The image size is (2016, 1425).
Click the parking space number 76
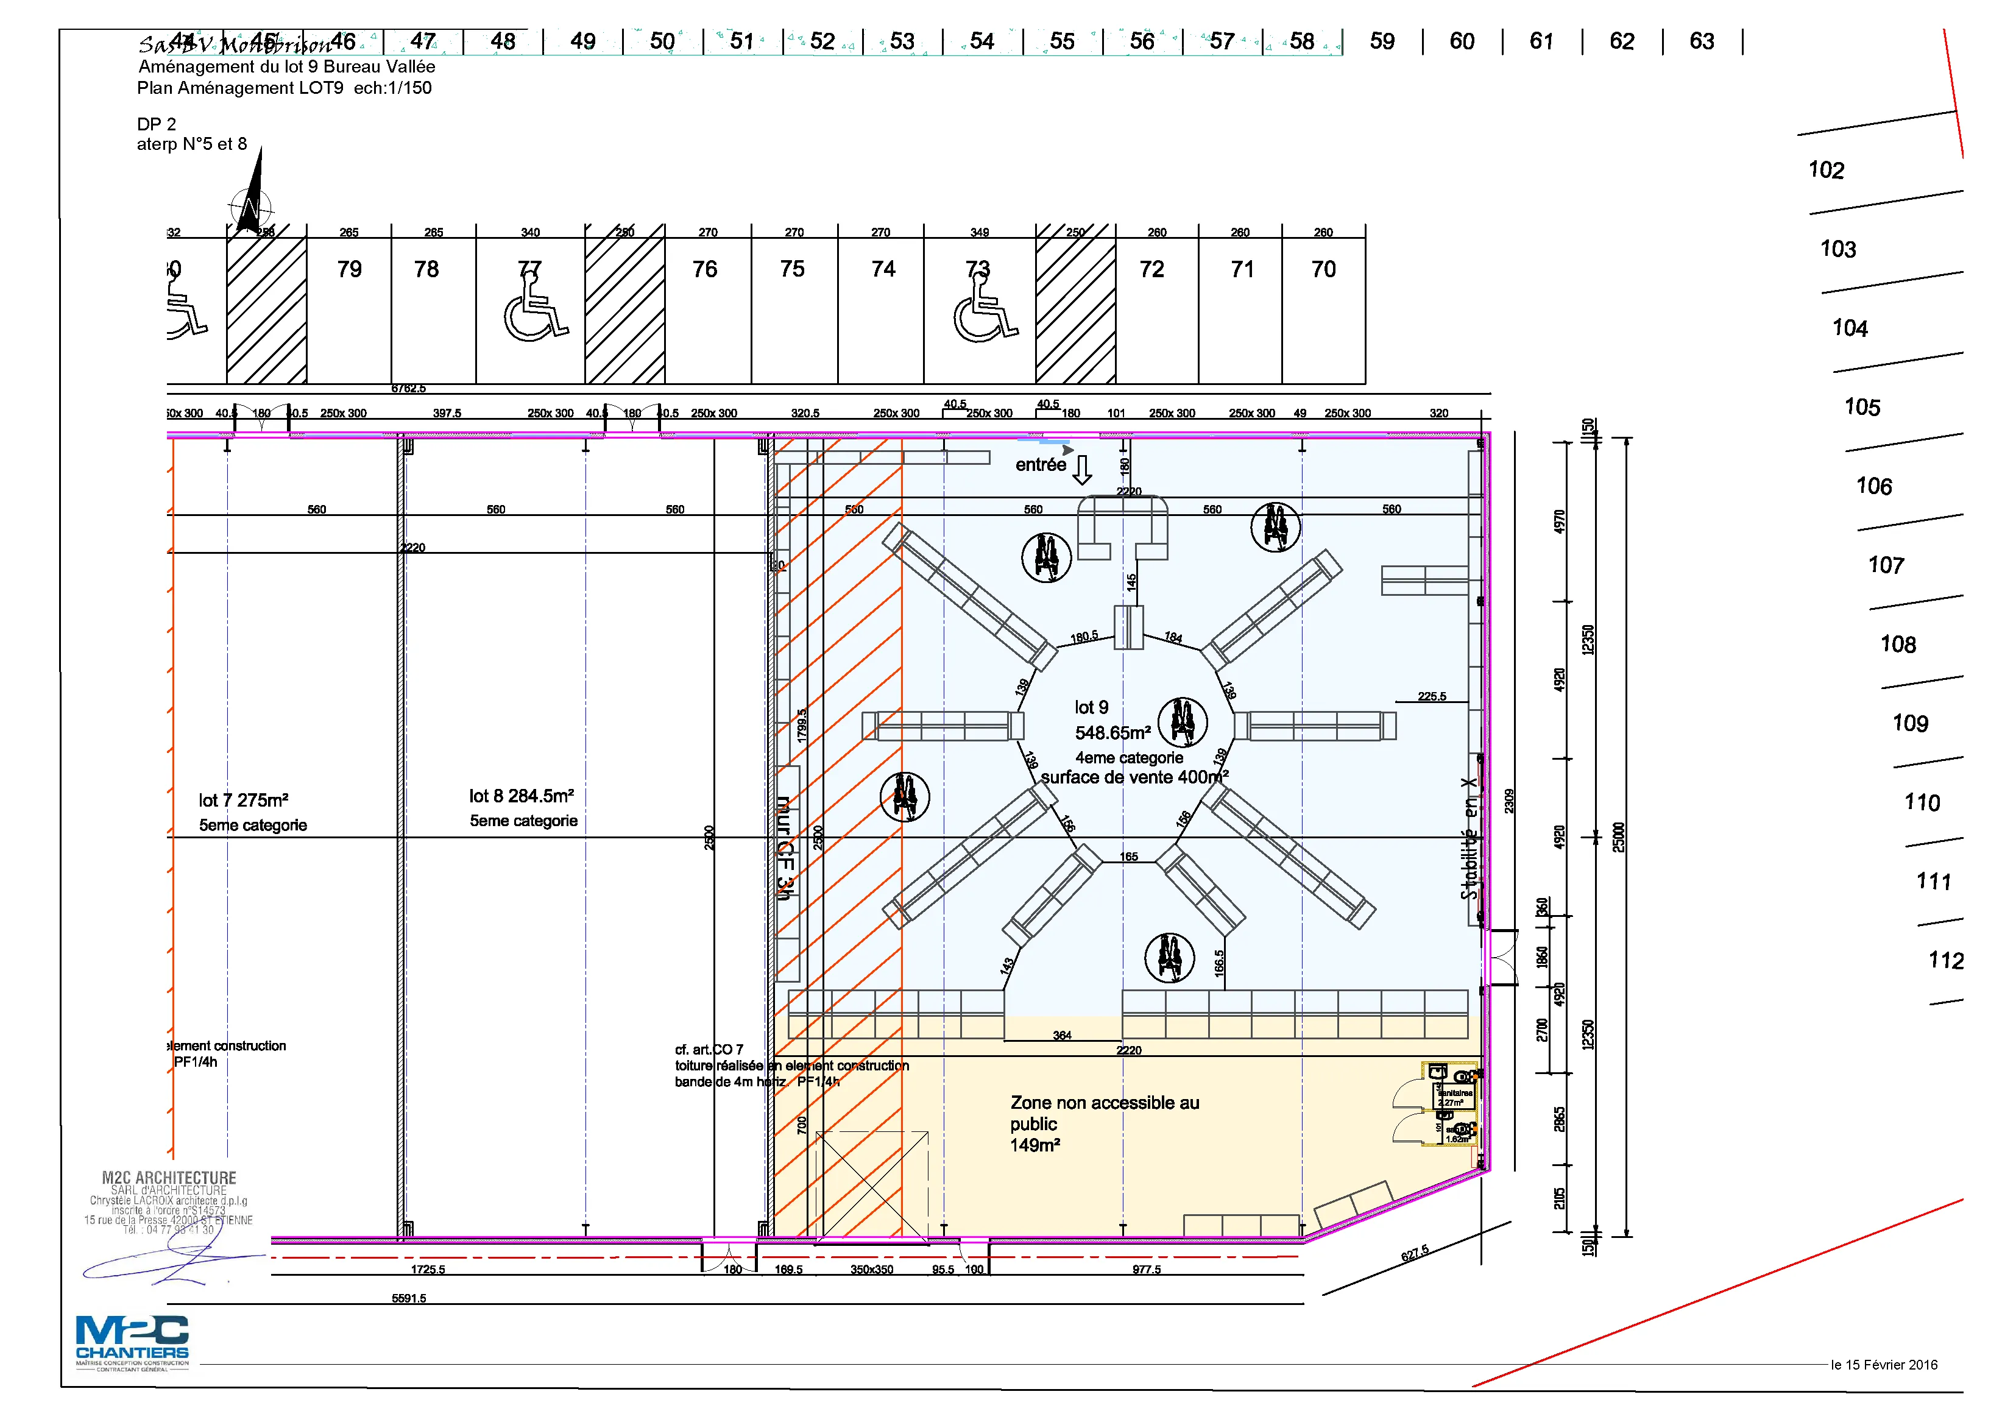tap(704, 269)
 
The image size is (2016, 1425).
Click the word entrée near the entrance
tap(1041, 465)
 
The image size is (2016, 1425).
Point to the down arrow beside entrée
tap(1083, 470)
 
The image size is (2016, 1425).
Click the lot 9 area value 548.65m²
tap(1112, 733)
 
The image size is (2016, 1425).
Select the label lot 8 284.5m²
tap(521, 796)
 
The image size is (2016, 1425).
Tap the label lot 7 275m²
tap(243, 801)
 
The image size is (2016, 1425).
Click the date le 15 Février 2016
tap(1883, 1365)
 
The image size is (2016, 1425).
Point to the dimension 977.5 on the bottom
tap(1146, 1270)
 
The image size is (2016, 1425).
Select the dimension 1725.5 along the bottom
tap(428, 1270)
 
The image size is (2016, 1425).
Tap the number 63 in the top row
tap(1701, 41)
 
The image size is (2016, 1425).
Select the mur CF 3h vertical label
tap(785, 848)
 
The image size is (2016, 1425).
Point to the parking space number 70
tap(1323, 269)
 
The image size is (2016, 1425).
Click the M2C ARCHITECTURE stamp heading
tap(169, 1178)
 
